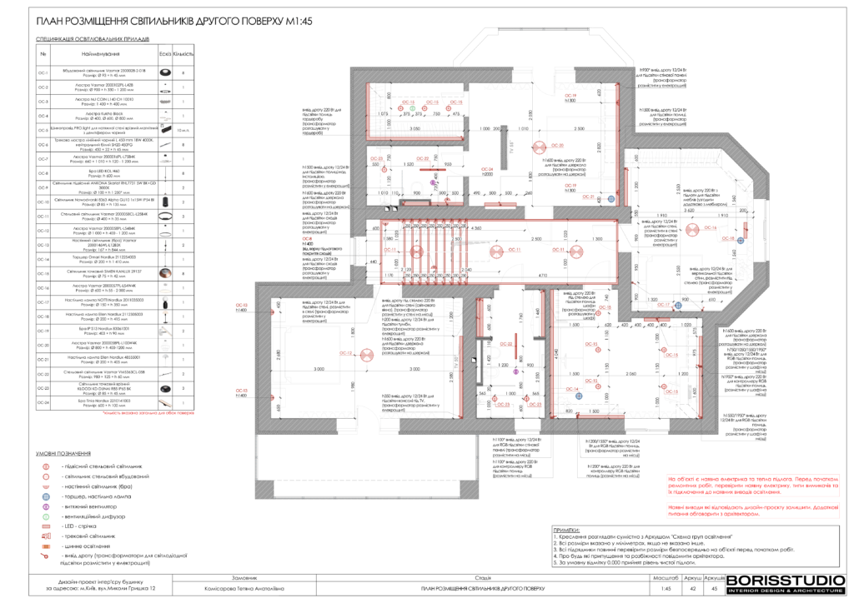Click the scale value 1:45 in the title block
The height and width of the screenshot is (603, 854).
(x=666, y=588)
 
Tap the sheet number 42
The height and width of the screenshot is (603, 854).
(x=690, y=588)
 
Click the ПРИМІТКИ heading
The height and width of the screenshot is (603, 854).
(x=567, y=531)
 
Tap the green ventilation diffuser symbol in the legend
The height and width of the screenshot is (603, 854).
(x=47, y=516)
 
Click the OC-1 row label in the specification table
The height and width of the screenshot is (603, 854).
(x=44, y=72)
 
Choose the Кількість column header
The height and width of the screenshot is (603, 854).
(x=183, y=53)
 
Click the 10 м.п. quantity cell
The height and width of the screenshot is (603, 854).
(x=183, y=131)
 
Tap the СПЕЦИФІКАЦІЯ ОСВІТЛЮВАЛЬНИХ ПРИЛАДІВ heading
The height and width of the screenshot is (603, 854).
(x=92, y=39)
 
